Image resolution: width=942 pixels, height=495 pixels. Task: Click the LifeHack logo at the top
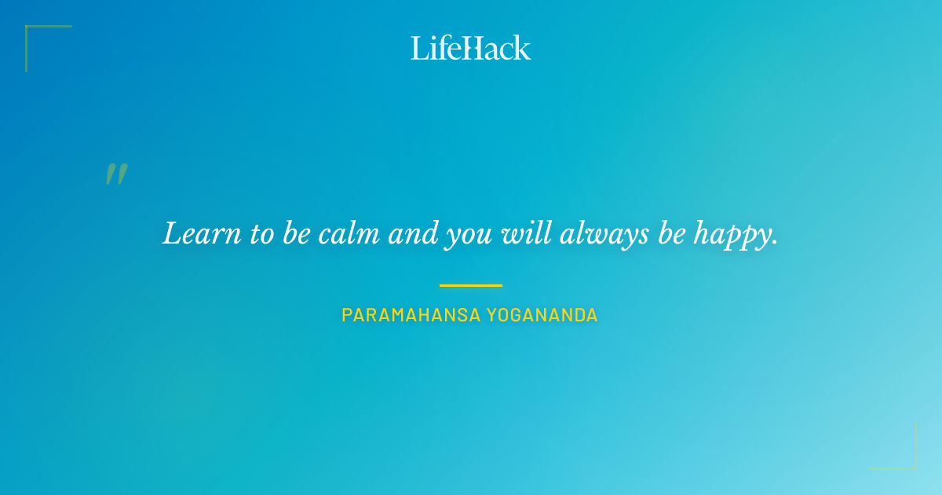point(471,48)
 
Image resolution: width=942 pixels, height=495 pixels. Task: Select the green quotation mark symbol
point(116,174)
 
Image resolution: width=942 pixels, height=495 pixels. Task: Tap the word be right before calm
point(298,234)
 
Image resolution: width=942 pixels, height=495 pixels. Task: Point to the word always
point(604,234)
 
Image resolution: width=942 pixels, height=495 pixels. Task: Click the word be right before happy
point(671,234)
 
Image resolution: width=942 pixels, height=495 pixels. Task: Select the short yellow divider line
point(470,285)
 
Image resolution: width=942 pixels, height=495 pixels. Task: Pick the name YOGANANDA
point(542,315)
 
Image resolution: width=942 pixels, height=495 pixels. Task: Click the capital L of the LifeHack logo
point(418,48)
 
